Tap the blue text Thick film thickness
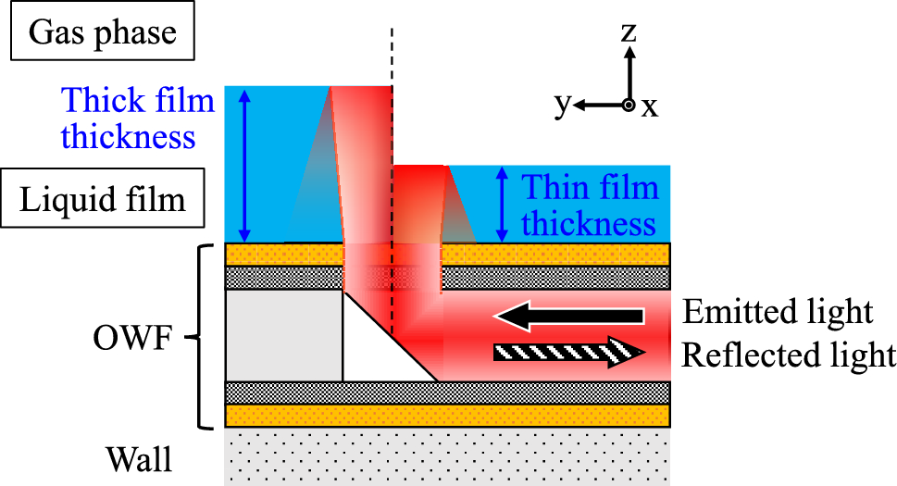tap(129, 118)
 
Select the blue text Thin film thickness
tap(590, 206)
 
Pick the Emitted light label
tap(778, 313)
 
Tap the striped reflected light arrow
tap(567, 353)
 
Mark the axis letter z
tap(629, 33)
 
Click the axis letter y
tap(561, 106)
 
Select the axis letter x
tap(651, 107)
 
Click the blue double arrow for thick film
tap(244, 164)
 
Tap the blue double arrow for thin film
tap(501, 204)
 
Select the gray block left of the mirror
tap(283, 335)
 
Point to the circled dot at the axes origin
tap(629, 106)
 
